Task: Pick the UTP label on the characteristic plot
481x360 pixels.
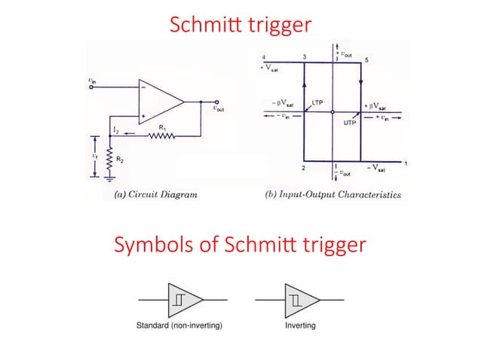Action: (x=350, y=121)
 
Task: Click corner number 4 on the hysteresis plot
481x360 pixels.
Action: (x=264, y=58)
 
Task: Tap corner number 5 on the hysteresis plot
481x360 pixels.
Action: (x=366, y=59)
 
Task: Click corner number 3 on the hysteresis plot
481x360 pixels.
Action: (x=304, y=58)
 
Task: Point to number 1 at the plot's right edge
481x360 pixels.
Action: (x=406, y=163)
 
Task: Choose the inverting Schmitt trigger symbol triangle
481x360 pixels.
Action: (x=300, y=299)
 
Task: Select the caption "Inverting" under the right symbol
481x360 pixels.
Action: (x=300, y=326)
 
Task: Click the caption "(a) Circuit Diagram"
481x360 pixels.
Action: (x=155, y=194)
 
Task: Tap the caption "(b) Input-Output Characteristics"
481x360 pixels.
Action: (x=333, y=194)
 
